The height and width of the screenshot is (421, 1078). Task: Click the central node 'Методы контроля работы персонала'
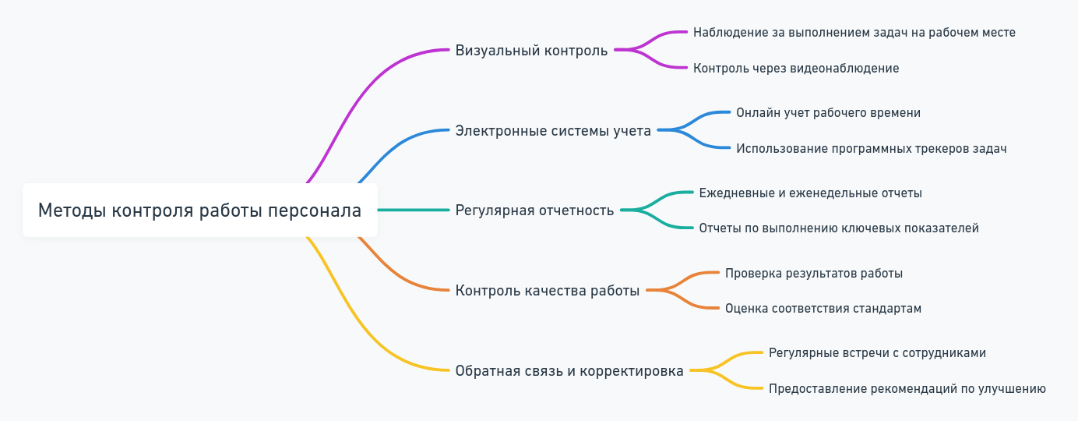point(199,210)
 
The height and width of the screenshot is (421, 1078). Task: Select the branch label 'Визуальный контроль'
point(531,51)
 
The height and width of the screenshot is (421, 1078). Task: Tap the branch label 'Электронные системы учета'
point(553,131)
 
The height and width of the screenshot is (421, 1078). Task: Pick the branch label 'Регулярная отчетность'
point(534,210)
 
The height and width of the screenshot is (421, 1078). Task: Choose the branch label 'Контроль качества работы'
point(548,291)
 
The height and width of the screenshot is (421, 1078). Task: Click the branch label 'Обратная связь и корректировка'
point(569,371)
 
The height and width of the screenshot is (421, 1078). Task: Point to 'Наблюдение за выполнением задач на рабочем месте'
point(854,33)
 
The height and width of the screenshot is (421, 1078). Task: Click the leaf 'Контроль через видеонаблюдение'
point(796,69)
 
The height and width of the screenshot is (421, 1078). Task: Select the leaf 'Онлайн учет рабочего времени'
point(828,113)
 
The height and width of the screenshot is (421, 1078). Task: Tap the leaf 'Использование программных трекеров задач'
point(871,149)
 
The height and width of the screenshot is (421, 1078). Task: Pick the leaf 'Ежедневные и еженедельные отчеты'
point(810,193)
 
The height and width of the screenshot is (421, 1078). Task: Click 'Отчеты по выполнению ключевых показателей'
point(838,228)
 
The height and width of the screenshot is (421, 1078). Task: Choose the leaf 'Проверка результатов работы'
point(813,274)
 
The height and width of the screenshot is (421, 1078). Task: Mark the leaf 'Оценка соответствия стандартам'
point(823,309)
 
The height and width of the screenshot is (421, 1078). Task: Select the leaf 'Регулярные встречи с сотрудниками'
point(877,353)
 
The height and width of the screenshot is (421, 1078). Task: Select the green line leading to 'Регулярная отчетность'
point(413,210)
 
